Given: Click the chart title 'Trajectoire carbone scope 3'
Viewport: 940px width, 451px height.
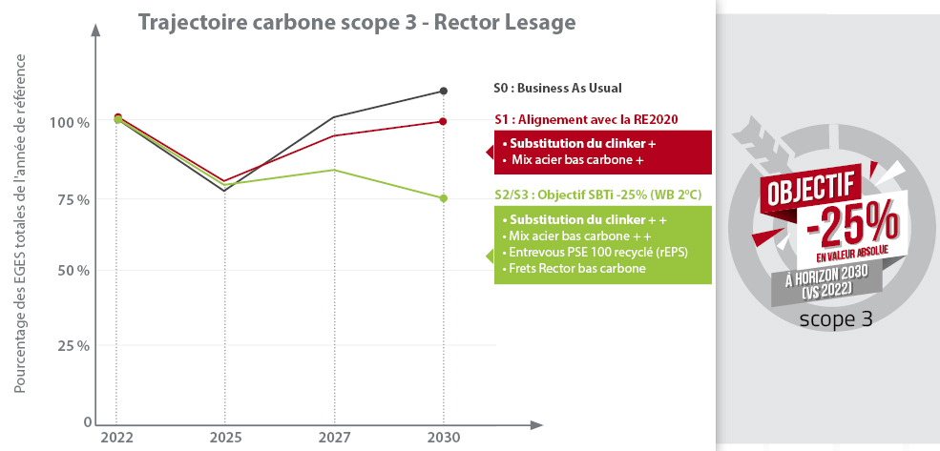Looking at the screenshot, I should point(357,21).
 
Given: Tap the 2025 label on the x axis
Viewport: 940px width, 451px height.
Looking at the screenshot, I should point(224,438).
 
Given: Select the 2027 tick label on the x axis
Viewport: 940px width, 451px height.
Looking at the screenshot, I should point(334,438).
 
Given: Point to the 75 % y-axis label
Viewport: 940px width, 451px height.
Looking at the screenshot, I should point(71,199).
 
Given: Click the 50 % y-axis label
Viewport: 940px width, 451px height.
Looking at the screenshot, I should point(71,271).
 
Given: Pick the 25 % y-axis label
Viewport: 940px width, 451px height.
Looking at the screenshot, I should point(71,345).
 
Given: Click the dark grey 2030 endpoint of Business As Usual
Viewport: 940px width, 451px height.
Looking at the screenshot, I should point(444,91).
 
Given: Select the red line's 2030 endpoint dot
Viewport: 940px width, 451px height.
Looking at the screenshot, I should point(444,121).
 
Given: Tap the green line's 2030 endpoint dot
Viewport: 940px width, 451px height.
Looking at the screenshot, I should point(444,198).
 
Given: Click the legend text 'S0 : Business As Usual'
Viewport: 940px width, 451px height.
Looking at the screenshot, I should point(557,88).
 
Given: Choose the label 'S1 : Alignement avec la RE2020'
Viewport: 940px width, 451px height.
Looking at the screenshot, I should point(586,119).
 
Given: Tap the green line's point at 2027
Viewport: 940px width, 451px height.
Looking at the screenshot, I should point(334,170).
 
